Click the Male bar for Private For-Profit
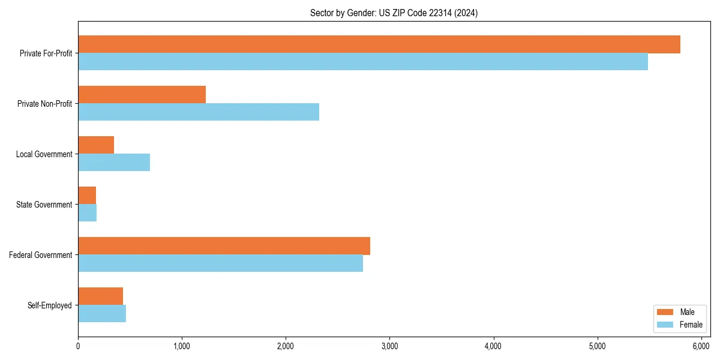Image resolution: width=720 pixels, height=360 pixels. (x=379, y=44)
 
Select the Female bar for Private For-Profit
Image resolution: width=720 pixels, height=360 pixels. (x=363, y=62)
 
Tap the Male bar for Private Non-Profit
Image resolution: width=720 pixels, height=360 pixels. (x=142, y=95)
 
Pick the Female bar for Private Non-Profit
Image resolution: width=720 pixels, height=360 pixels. (x=199, y=112)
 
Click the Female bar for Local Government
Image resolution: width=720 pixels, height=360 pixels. (x=114, y=163)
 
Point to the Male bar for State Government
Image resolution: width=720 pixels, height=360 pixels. (x=87, y=196)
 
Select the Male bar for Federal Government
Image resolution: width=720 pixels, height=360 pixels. (x=224, y=246)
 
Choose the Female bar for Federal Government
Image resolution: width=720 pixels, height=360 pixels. (x=220, y=263)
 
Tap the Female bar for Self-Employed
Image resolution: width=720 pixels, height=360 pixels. (x=102, y=314)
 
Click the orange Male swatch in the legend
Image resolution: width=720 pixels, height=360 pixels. (x=665, y=312)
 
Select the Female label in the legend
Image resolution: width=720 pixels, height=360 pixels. (x=691, y=325)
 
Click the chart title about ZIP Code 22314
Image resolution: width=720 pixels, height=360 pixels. (x=394, y=13)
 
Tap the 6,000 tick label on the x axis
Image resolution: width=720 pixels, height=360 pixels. (x=701, y=346)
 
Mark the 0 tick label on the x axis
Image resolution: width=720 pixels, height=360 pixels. (x=78, y=346)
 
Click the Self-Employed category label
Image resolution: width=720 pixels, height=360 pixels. (x=50, y=305)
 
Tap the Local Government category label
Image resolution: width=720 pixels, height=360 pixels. (x=44, y=154)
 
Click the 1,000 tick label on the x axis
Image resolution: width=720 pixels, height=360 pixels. (x=182, y=346)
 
